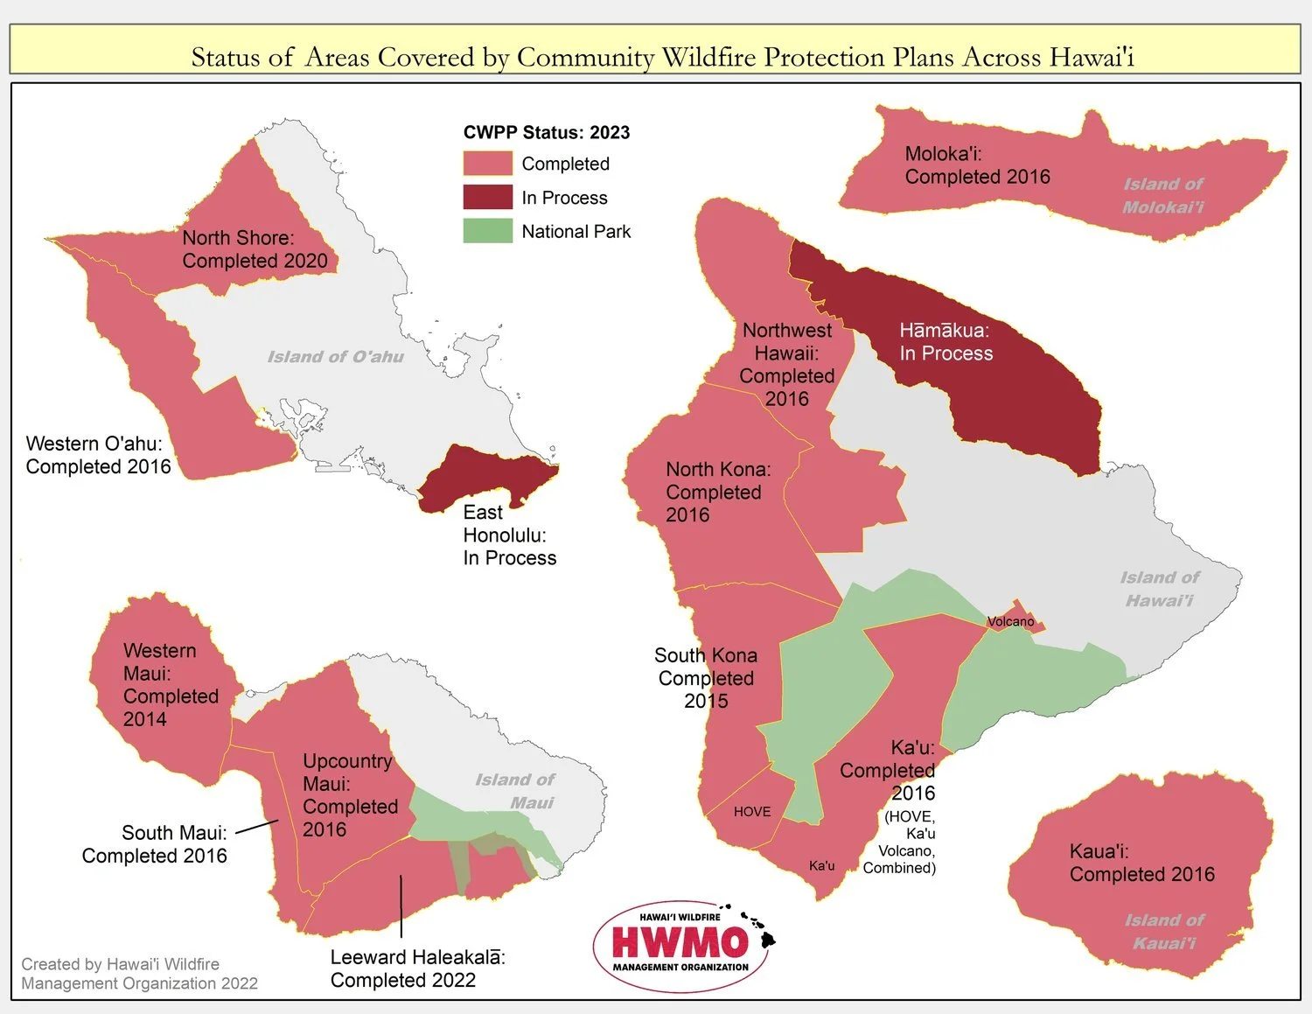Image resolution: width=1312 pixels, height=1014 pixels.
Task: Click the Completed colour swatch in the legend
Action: point(487,164)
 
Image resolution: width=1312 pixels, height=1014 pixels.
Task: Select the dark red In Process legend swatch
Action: point(487,197)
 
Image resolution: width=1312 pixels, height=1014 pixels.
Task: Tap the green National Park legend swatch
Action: point(487,231)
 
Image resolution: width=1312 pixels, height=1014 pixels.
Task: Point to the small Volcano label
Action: point(1010,622)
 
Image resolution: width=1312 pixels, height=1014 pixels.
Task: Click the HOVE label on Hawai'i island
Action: point(752,812)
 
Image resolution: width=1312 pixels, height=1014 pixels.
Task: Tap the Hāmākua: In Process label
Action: point(946,342)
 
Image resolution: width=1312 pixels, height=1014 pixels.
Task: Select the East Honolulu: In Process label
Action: point(509,535)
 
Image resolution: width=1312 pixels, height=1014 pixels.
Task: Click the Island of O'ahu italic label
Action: point(335,357)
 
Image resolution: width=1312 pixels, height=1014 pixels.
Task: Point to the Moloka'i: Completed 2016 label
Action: point(976,165)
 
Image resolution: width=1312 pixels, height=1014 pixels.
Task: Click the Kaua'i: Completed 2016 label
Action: point(1141,863)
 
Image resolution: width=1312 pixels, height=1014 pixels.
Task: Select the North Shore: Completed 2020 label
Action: point(255,249)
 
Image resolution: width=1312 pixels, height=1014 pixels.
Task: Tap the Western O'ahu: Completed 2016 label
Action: point(98,455)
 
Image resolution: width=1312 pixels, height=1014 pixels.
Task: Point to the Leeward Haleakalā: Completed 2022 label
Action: point(417,969)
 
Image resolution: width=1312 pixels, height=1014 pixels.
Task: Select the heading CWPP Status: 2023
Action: point(546,132)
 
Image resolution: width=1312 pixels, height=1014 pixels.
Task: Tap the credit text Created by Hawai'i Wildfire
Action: point(120,964)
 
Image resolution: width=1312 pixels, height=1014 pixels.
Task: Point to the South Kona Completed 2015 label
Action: point(706,678)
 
